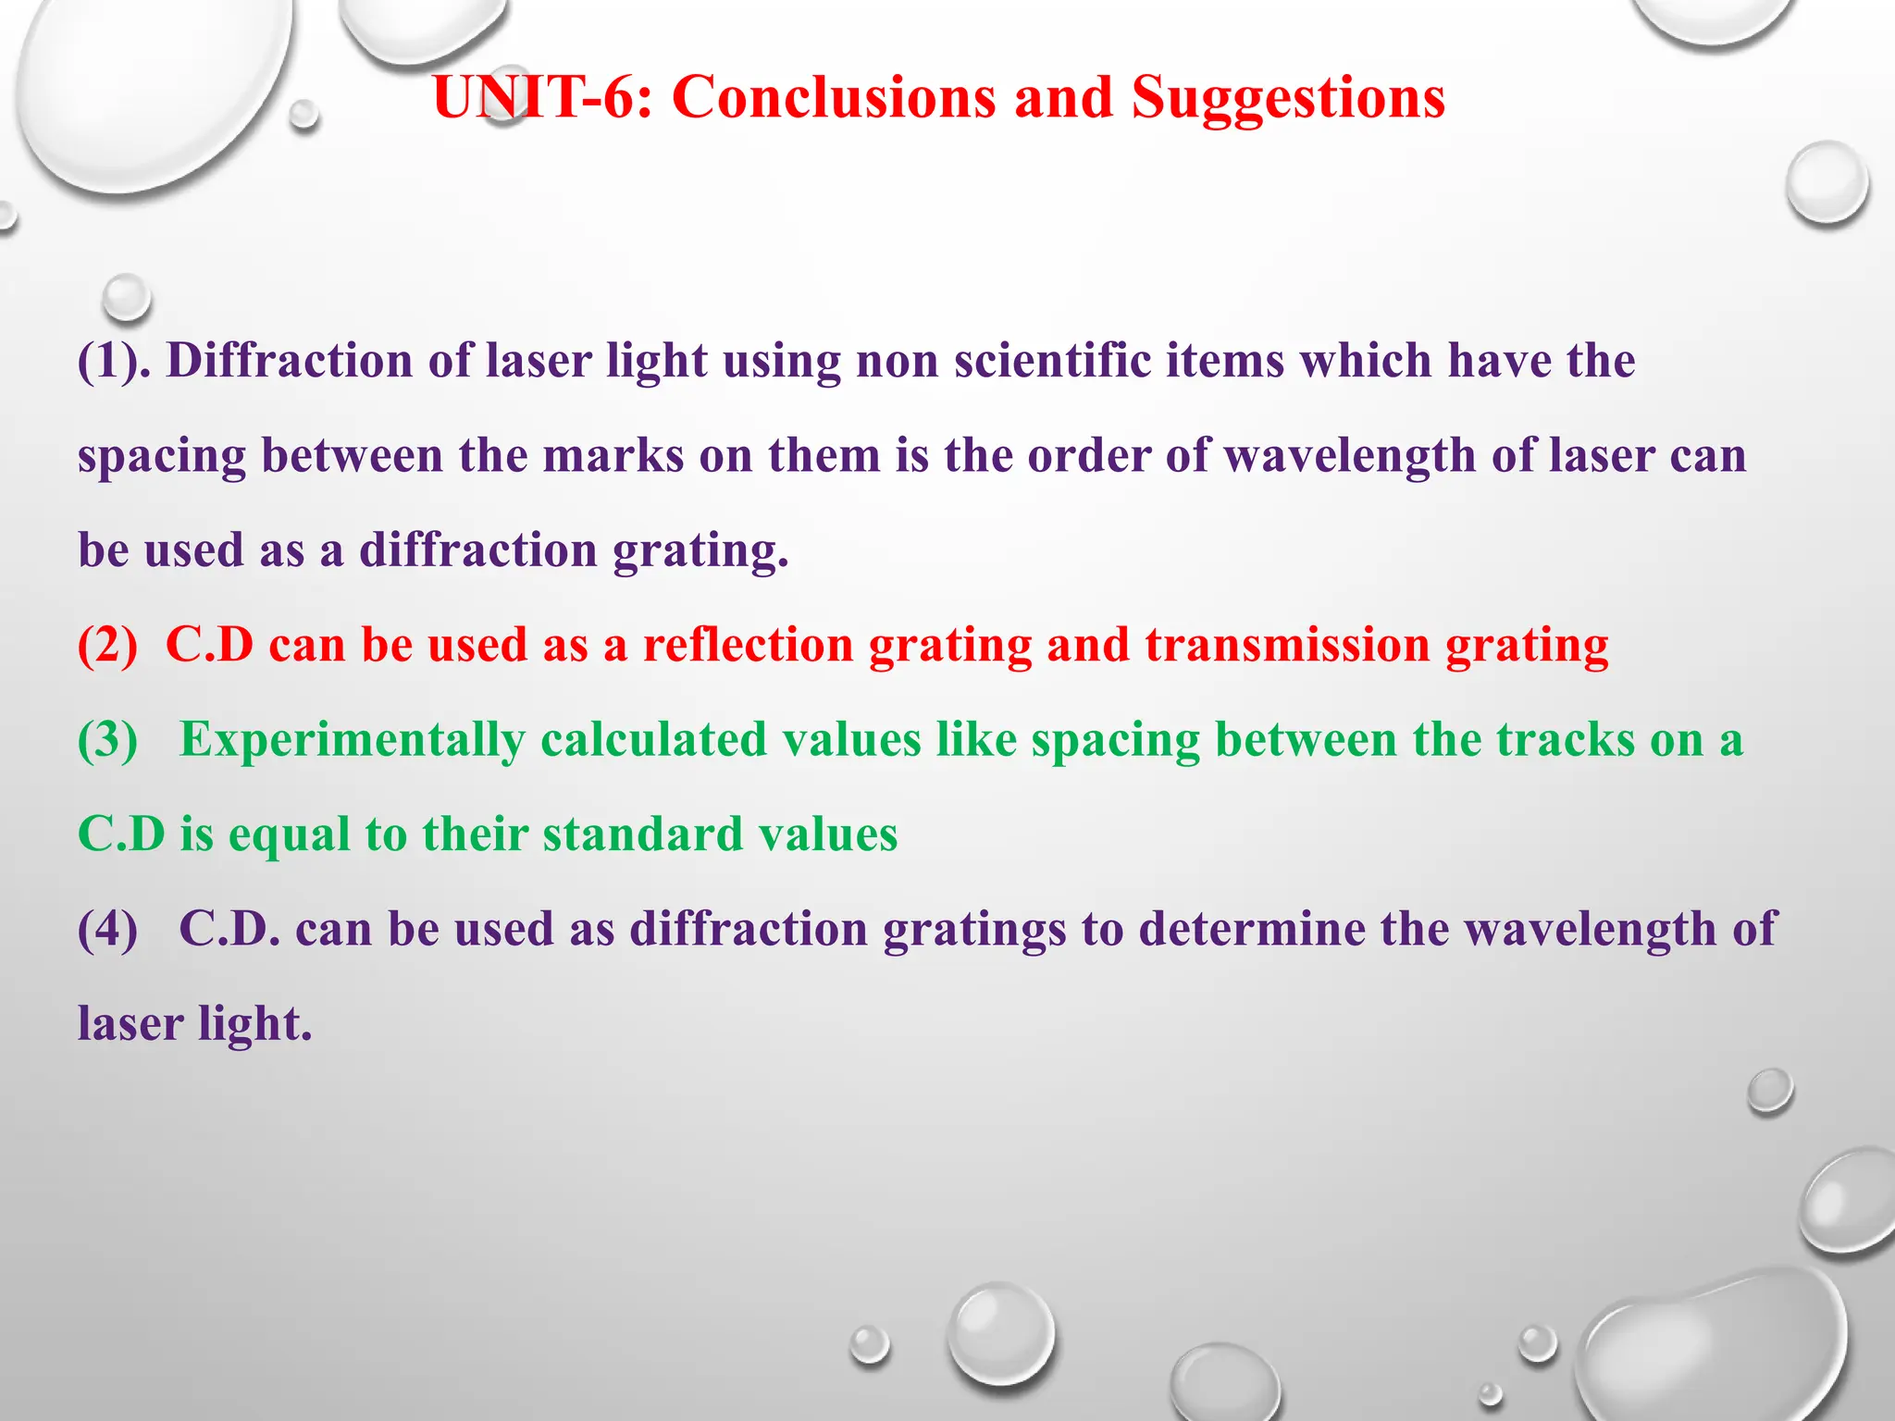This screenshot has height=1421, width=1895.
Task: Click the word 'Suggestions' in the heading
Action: point(1287,97)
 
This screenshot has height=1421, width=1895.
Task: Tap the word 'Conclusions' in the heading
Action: point(834,97)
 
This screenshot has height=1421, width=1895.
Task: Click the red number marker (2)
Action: point(107,645)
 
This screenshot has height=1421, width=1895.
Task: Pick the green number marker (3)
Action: point(107,740)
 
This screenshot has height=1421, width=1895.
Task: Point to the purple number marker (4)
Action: point(107,929)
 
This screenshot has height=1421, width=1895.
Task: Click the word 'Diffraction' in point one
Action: point(289,361)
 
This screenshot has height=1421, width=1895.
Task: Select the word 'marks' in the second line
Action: point(613,456)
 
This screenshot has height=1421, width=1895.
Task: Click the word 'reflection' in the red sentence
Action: point(748,645)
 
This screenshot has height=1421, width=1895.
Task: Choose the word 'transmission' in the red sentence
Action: point(1287,645)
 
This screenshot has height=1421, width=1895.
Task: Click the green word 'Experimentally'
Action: point(352,740)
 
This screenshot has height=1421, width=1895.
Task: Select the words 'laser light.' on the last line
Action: point(194,1024)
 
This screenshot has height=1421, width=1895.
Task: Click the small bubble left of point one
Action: point(126,296)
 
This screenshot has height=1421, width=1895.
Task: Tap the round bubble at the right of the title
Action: point(1827,182)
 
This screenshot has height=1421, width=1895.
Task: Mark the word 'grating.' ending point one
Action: point(700,550)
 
